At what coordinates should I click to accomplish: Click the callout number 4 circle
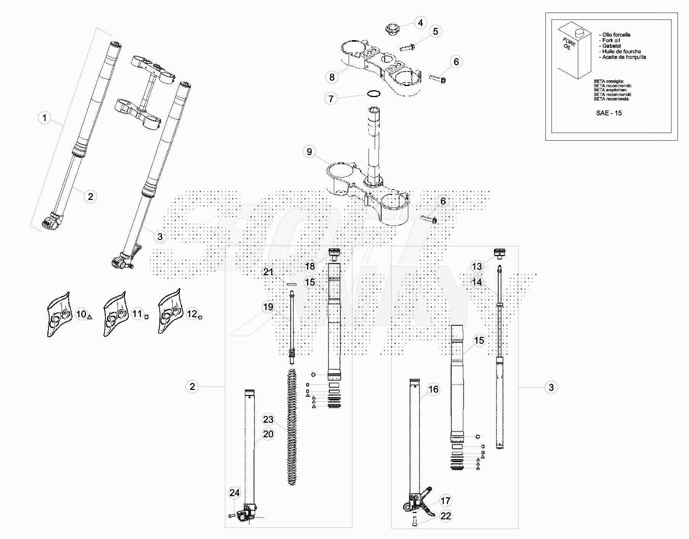pos(421,23)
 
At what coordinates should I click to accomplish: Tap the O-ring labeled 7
pos(374,94)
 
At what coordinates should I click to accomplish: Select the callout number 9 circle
pos(309,152)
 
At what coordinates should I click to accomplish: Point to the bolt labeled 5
pos(408,48)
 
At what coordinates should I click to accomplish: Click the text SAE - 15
pos(609,113)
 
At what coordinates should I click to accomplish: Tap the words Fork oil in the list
pos(611,40)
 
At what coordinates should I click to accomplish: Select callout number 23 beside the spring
pos(268,419)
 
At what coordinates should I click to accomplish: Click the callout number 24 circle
pos(235,493)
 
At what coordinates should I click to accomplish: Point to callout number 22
pos(446,516)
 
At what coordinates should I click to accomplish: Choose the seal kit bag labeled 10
pos(60,315)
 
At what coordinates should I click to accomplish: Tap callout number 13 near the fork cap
pos(477,266)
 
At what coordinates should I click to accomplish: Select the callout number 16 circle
pos(433,390)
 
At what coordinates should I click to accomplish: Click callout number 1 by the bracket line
pos(45,117)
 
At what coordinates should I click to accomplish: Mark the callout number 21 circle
pos(268,272)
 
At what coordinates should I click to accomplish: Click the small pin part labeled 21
pos(292,284)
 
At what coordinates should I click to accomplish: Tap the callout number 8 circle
pos(332,77)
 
